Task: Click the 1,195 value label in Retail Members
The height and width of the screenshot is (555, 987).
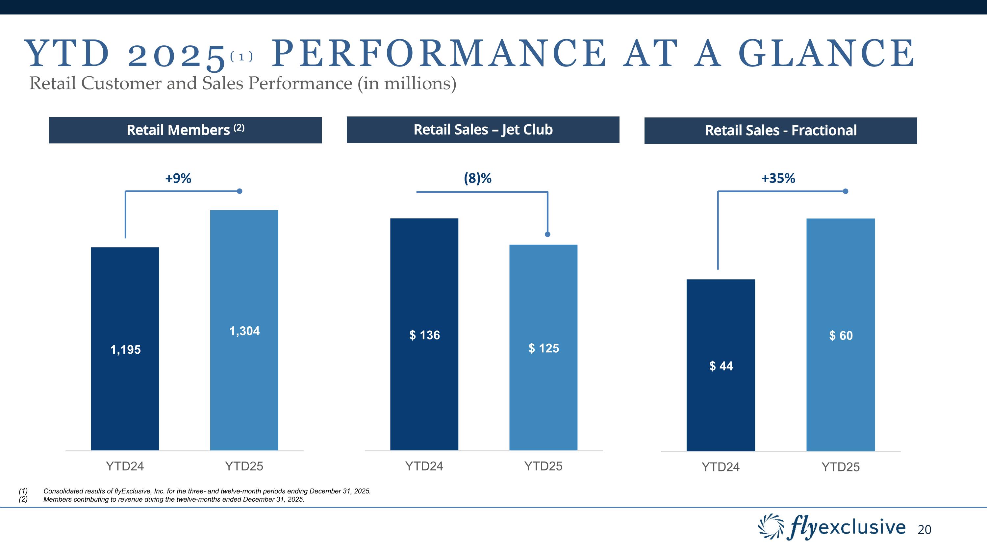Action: tap(125, 350)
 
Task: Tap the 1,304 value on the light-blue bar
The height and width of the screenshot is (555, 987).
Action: tap(244, 331)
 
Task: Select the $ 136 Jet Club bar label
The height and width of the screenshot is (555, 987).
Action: tap(424, 335)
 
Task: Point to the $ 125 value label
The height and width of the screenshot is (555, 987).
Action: tap(544, 348)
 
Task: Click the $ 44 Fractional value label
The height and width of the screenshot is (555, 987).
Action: tap(721, 366)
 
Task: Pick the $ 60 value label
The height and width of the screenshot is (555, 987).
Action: tap(841, 336)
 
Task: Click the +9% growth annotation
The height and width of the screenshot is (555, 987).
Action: tap(178, 178)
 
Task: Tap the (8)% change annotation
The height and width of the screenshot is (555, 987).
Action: tap(477, 178)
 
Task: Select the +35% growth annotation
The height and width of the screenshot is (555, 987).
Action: tap(778, 178)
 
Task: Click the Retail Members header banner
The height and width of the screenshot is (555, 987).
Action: tap(185, 130)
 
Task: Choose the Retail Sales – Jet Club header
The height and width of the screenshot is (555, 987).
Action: tap(483, 130)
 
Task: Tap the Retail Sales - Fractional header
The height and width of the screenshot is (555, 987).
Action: tap(780, 131)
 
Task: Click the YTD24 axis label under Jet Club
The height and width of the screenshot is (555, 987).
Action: tap(424, 466)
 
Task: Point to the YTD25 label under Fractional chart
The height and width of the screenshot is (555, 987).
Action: tap(841, 467)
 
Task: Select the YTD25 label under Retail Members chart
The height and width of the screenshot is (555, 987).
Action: tap(244, 466)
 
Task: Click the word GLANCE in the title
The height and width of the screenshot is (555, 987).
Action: tap(826, 54)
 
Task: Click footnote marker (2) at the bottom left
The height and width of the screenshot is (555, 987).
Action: tap(23, 499)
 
